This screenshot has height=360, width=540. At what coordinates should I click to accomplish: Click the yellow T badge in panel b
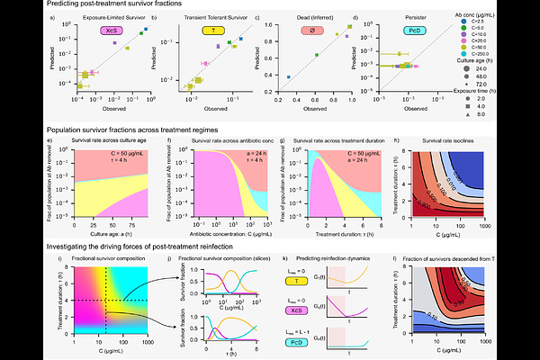(190, 30)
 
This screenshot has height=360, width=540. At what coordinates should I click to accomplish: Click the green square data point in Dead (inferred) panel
(317, 55)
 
